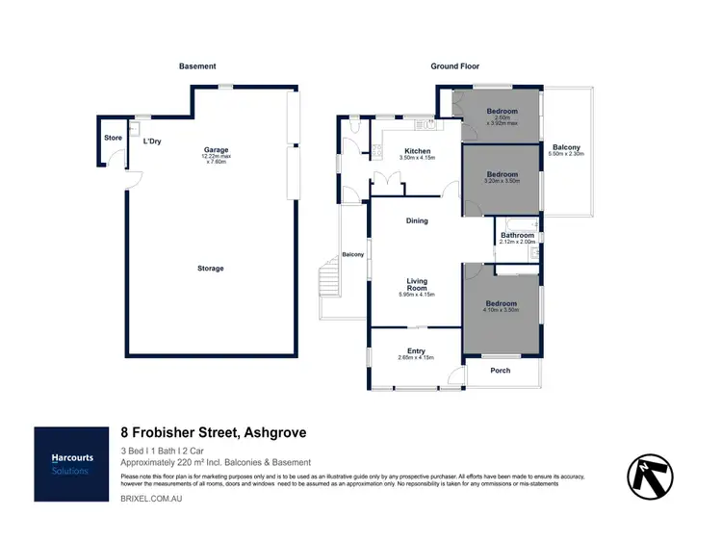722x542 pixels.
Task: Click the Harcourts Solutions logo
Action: click(71, 464)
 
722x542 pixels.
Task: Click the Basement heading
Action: click(197, 66)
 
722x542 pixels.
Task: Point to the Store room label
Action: click(113, 138)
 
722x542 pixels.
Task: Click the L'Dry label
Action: click(151, 142)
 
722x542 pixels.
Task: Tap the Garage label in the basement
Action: click(215, 150)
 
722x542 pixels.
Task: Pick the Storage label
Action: click(210, 269)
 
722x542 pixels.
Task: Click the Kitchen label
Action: click(418, 151)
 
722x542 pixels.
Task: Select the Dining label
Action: click(417, 221)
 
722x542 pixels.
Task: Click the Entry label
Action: click(416, 351)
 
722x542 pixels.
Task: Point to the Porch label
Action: click(501, 371)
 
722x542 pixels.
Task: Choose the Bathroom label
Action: click(517, 235)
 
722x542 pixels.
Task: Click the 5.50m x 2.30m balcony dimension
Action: click(565, 155)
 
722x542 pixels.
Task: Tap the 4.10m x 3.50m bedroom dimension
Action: click(502, 310)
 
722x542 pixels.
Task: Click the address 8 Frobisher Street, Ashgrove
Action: click(214, 433)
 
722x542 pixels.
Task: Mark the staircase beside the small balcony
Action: click(329, 283)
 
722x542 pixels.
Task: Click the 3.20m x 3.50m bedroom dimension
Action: click(502, 181)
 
